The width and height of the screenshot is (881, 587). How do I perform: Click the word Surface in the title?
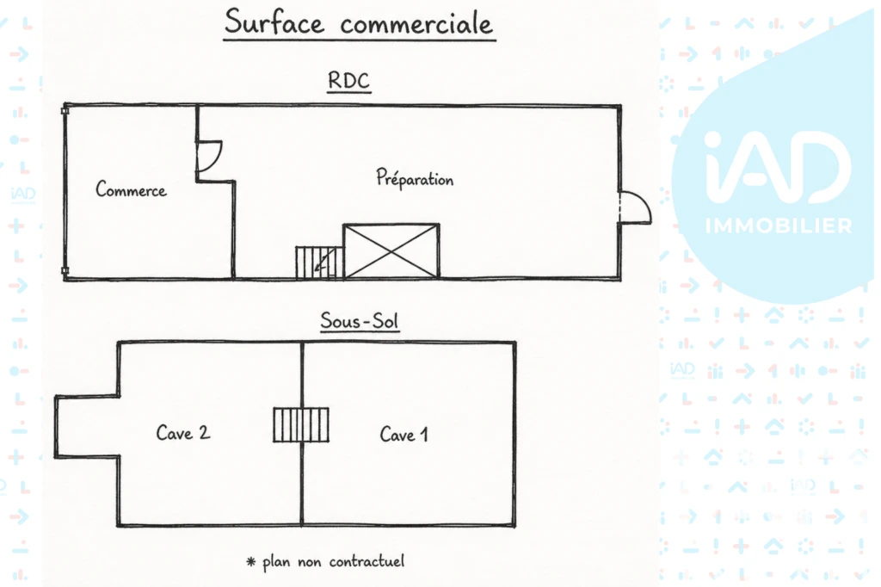tap(274, 22)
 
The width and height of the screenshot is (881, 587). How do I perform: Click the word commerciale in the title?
tap(416, 24)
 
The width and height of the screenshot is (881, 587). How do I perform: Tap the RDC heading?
tap(348, 80)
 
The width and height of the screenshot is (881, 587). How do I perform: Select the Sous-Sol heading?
tap(360, 320)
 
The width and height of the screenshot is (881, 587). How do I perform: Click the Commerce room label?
tap(131, 188)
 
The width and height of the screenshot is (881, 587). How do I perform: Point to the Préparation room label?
tap(415, 179)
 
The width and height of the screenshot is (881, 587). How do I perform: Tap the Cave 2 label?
tap(183, 432)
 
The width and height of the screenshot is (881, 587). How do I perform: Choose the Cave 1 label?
tap(404, 434)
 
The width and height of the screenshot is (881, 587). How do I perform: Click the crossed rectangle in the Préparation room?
tap(391, 250)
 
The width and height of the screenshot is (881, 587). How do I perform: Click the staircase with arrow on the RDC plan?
tap(319, 263)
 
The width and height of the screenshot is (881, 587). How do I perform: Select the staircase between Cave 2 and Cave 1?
tap(301, 425)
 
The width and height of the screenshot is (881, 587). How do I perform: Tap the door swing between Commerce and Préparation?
tap(209, 157)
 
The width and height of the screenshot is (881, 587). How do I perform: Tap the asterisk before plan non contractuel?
tap(251, 561)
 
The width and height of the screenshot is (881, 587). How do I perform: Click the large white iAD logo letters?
tap(778, 167)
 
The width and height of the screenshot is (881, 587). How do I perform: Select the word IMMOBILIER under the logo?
tap(779, 226)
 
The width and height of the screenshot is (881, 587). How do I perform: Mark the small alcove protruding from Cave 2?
tap(87, 426)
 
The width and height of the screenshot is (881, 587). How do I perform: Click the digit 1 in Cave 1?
tap(424, 435)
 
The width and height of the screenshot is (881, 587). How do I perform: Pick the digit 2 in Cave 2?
tap(204, 432)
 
